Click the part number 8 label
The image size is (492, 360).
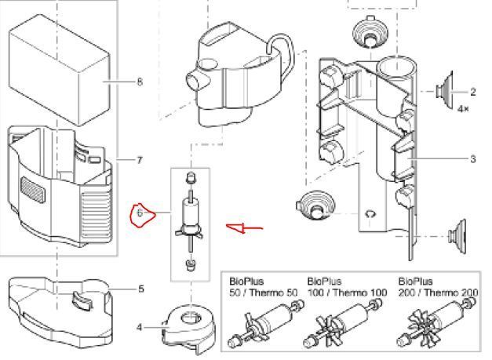[x=140, y=82]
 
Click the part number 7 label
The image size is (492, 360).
[x=140, y=161]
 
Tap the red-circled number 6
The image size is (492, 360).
[x=140, y=213]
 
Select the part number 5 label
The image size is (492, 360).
[x=141, y=289]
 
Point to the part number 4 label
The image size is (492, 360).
[x=140, y=327]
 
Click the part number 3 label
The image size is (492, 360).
[x=473, y=159]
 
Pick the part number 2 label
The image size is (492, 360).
[x=473, y=93]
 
